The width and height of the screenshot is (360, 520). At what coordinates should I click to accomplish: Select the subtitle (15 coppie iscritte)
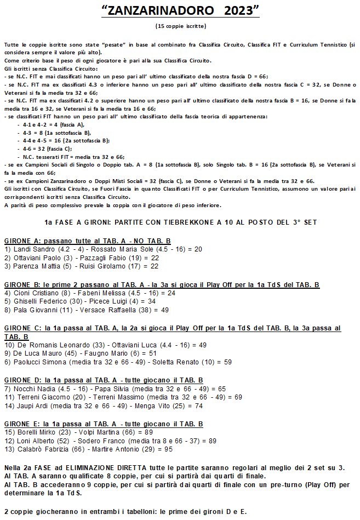coord(180,25)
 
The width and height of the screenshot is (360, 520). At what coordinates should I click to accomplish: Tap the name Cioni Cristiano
coord(35,293)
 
